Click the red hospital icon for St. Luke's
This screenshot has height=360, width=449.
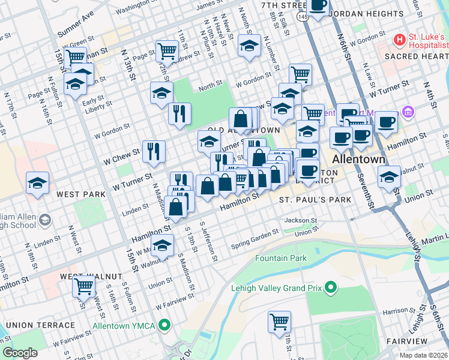[400, 40]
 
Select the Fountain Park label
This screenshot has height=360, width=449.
[280, 259]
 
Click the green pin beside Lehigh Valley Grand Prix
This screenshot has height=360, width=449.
[330, 288]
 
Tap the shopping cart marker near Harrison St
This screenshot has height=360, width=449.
[280, 322]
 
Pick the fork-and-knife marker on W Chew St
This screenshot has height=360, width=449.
[154, 151]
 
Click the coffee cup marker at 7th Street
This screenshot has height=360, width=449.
[318, 6]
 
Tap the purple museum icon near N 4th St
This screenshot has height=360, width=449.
[409, 111]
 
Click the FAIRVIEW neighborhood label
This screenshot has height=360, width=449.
[406, 341]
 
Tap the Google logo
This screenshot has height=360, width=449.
[20, 353]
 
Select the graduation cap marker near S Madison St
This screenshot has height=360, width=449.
[161, 244]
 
